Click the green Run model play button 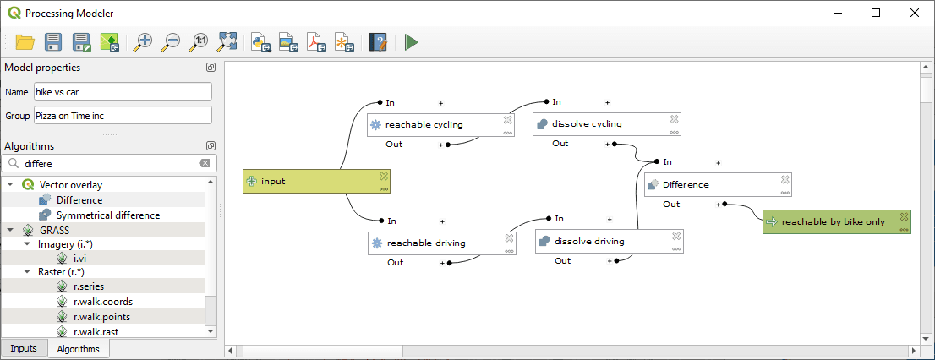pos(412,41)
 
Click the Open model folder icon pos(25,41)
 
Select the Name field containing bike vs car pos(122,91)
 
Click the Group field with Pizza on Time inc pos(122,115)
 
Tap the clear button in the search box pos(204,163)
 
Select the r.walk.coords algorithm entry pos(102,302)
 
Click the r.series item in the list pos(88,286)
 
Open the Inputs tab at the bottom pos(24,349)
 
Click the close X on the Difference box pos(785,179)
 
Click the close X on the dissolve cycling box pos(674,119)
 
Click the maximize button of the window pos(875,13)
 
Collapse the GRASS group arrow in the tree pos(10,230)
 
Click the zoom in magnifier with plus pos(144,41)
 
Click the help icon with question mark pos(377,41)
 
